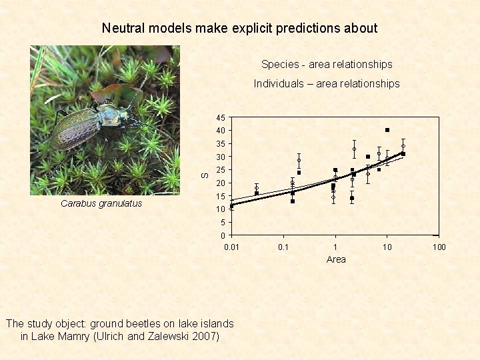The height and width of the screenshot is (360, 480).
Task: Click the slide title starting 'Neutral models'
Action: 239,28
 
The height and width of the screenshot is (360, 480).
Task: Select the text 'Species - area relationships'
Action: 327,65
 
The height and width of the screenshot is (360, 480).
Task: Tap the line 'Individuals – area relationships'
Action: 327,84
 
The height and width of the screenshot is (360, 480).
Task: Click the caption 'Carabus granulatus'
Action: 101,204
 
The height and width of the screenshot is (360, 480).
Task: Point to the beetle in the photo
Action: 93,123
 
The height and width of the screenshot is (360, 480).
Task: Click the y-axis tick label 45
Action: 220,118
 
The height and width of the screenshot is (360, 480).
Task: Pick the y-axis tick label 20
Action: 220,183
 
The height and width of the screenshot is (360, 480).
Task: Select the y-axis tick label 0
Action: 222,236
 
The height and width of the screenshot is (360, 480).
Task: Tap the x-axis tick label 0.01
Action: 231,247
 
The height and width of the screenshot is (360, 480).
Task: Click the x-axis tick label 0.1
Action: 283,247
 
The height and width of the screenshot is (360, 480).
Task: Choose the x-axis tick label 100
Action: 439,247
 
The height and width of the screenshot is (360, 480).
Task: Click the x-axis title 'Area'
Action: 336,259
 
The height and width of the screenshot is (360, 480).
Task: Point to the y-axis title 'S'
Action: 205,175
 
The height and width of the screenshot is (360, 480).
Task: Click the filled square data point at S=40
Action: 387,130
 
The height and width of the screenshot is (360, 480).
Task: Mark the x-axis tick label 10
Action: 387,247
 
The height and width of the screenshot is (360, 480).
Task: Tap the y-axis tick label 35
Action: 220,144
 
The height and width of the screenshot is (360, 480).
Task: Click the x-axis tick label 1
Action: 335,247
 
